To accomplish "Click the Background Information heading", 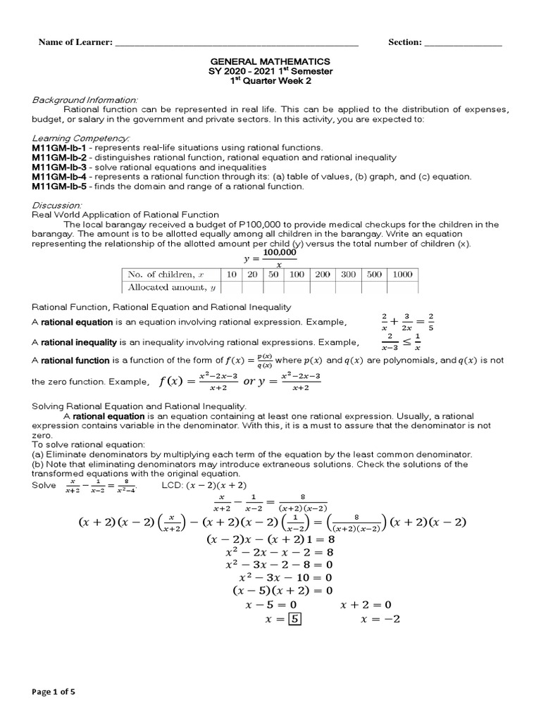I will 85,100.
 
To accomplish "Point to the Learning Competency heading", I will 81,138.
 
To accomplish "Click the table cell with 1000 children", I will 402,275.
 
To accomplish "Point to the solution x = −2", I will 380,620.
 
